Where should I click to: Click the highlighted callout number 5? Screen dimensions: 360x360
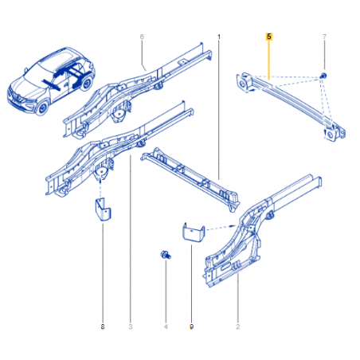269,37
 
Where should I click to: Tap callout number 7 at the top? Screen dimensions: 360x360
324,37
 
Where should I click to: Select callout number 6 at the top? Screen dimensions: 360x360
142,37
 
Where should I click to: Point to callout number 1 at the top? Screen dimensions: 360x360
219,37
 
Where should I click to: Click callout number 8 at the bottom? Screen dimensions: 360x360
103,327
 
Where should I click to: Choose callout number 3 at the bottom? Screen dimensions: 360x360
131,327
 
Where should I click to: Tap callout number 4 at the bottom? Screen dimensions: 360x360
166,327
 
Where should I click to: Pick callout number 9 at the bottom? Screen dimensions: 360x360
191,327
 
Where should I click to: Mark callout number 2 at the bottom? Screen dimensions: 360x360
238,327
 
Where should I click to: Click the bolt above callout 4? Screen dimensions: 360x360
166,255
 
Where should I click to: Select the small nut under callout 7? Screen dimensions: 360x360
323,76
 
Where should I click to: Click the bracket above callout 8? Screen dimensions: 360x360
103,209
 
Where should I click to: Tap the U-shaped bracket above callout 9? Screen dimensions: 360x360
194,232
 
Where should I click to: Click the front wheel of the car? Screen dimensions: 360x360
42,108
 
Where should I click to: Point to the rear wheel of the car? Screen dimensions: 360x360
86,84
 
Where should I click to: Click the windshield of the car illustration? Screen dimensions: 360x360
34,72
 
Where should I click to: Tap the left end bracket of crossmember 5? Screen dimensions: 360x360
244,82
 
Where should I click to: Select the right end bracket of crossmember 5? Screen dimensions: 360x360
335,133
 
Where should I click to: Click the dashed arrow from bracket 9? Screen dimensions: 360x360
221,228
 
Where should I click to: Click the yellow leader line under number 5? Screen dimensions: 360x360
269,60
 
